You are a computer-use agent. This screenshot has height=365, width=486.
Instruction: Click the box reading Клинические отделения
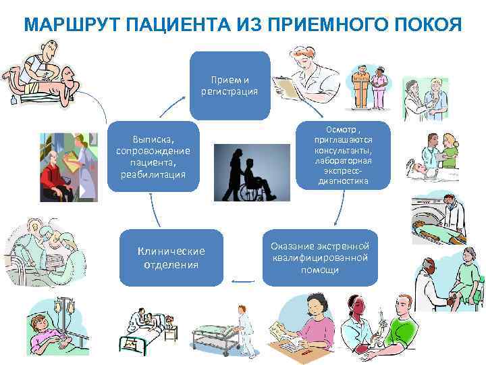[x=171, y=258]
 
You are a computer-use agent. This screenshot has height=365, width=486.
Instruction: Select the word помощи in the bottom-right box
[x=321, y=270]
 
